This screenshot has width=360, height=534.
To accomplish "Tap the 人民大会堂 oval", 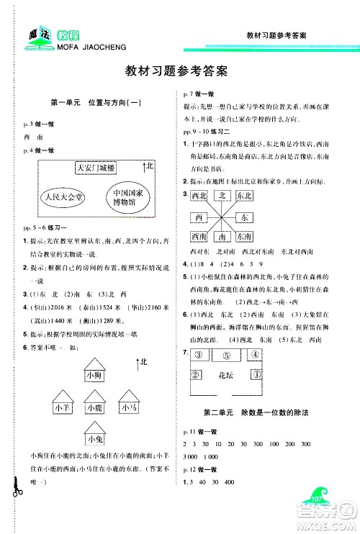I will pyautogui.click(x=63, y=196).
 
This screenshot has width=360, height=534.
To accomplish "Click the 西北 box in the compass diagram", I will pyautogui.click(x=197, y=195).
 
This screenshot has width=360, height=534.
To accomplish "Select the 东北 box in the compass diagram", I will pyautogui.click(x=245, y=195).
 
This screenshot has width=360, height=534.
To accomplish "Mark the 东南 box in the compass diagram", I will pyautogui.click(x=245, y=237).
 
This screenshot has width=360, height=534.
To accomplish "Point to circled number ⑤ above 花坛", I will pyautogui.click(x=226, y=354).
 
